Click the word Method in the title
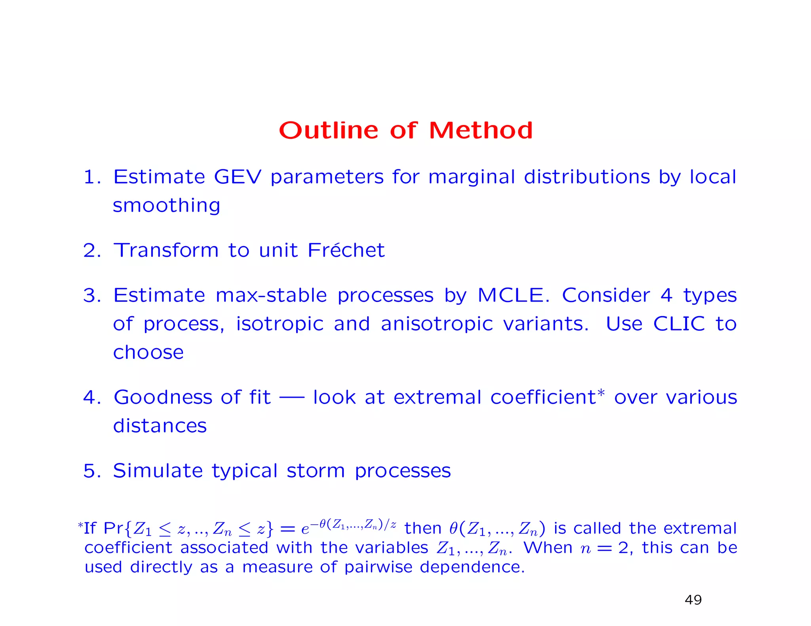481,130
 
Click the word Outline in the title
328,130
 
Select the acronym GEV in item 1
238,177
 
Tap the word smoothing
166,206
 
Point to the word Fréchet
346,250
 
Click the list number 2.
89,250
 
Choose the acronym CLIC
679,324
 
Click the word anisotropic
437,324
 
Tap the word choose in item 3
148,353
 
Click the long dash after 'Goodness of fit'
292,397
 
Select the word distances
160,426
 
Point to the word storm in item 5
316,471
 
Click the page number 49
693,600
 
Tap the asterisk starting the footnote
80,525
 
